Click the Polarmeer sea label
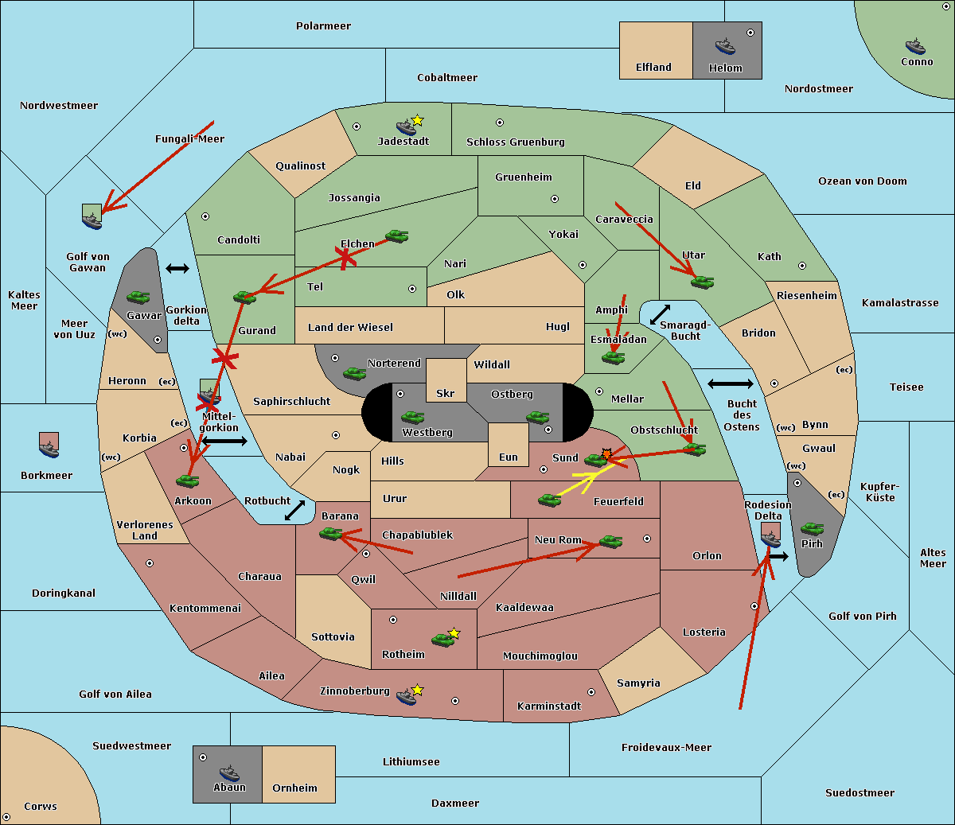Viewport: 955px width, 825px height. (323, 26)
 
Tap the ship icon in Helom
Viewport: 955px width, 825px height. (725, 46)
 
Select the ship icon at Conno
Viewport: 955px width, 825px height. (915, 46)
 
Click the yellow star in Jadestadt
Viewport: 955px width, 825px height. (418, 120)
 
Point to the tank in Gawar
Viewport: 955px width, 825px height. (138, 297)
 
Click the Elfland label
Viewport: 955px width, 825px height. (653, 68)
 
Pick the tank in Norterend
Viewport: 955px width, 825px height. (355, 373)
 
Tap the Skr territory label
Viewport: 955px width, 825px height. (446, 394)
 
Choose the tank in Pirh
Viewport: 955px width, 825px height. (813, 528)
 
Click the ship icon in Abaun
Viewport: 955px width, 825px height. (229, 772)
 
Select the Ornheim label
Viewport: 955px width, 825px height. (294, 788)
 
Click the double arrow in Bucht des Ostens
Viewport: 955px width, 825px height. (730, 384)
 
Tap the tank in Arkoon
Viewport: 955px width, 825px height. (188, 481)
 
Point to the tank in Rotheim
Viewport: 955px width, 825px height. (442, 640)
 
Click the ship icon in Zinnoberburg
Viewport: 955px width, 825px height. (407, 697)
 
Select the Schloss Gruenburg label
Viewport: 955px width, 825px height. (515, 142)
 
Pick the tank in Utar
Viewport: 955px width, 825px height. (702, 282)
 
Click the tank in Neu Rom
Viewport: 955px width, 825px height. (611, 542)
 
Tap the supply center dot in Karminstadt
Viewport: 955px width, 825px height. (591, 692)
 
